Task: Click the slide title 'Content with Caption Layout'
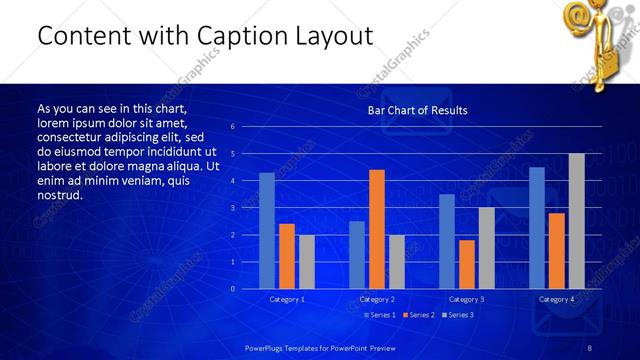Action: coord(205,36)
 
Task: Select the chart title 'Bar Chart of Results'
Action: coord(417,110)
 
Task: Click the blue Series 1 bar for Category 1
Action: coord(267,230)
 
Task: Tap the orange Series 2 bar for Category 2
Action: coord(377,229)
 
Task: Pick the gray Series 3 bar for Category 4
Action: coord(576,221)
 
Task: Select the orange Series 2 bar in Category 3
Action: coord(467,264)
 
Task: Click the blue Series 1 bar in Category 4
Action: coord(537,228)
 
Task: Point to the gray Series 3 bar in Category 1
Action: coord(307,261)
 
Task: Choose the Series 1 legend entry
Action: coord(379,315)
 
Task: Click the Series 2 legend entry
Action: coord(418,315)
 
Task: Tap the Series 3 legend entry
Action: coord(457,315)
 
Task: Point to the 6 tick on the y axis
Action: coord(232,127)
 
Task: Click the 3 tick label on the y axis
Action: coord(232,208)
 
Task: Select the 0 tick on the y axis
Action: coord(232,289)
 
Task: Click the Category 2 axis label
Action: coord(377,299)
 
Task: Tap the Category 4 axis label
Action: coord(556,299)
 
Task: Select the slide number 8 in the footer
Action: coord(590,347)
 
